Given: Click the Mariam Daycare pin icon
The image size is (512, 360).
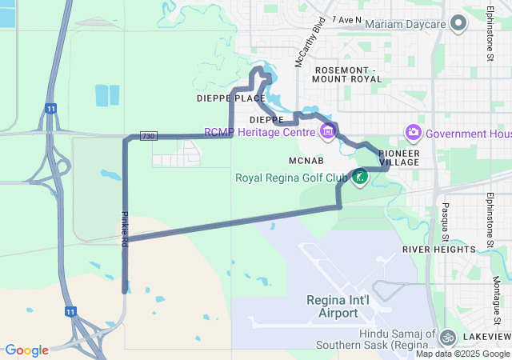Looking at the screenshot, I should (x=458, y=23).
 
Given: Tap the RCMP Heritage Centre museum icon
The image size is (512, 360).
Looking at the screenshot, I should (x=326, y=131).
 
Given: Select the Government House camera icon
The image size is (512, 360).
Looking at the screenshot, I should (x=413, y=132).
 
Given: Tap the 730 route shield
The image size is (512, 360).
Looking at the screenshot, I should (x=149, y=137).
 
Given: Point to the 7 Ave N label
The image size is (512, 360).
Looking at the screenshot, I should (x=346, y=19).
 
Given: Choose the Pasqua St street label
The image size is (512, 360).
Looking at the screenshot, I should (x=444, y=222).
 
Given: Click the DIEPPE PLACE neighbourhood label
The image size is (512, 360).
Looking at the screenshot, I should (x=230, y=98).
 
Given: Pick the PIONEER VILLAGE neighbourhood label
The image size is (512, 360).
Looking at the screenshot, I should (x=398, y=157).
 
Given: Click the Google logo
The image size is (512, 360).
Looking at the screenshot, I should (x=26, y=350).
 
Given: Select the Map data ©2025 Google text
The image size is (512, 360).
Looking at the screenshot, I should (x=462, y=354).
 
